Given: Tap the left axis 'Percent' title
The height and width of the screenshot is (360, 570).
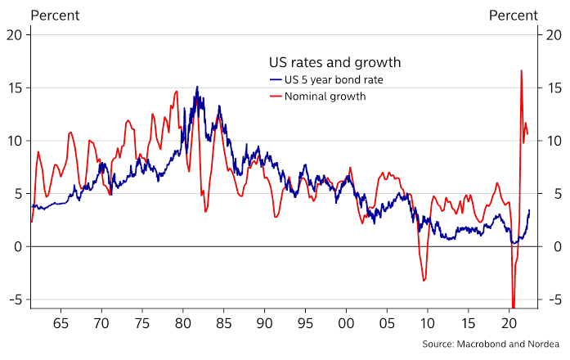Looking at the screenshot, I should (55, 16).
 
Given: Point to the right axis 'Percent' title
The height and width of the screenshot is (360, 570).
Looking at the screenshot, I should (514, 16).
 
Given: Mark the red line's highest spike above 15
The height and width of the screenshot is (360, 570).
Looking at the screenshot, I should (521, 70).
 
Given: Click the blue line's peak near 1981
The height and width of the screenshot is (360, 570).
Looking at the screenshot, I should (196, 87).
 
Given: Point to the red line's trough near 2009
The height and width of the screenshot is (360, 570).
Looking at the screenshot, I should (424, 281).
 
